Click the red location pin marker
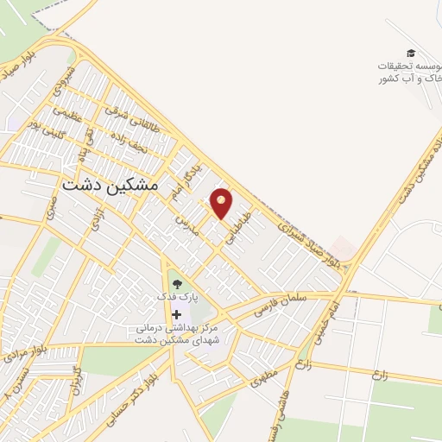[x=222, y=203]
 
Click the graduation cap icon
[x=410, y=54]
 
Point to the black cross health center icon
[x=176, y=314]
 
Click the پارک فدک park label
[x=177, y=296]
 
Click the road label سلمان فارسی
[x=281, y=302]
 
